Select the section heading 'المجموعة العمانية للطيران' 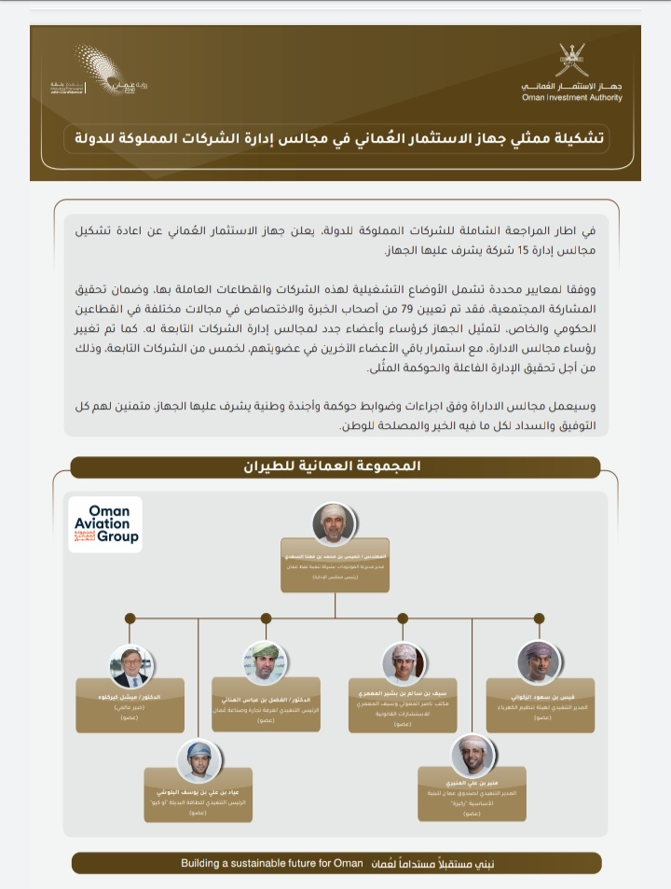coord(335,467)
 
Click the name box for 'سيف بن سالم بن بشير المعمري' coord(404,706)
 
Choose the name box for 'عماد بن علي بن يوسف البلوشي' coord(199,805)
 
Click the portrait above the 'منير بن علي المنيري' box coord(472,756)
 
